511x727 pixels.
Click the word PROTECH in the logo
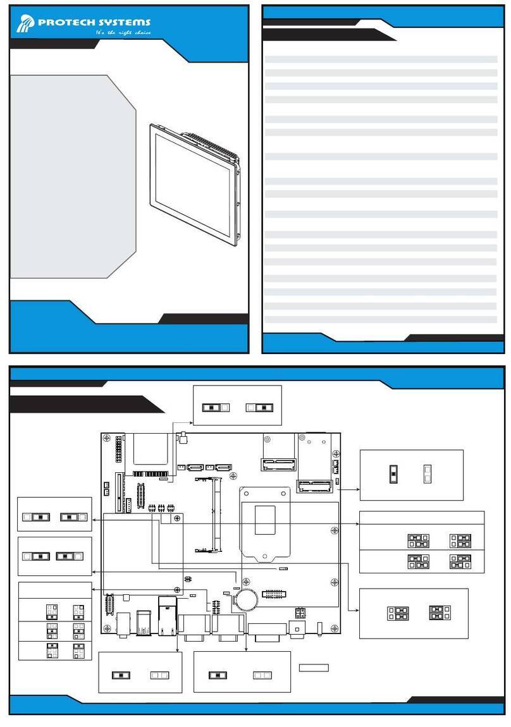coord(65,21)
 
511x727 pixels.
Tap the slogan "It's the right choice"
coord(123,32)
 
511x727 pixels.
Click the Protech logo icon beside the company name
coord(25,23)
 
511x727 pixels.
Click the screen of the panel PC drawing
coord(192,185)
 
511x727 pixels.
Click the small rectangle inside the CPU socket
coord(265,520)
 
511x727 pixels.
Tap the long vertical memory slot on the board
coord(214,514)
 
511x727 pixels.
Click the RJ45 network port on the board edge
coord(168,616)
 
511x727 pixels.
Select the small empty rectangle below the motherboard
coord(314,668)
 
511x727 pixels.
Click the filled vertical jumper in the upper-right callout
coord(393,474)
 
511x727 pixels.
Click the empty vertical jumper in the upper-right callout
coord(428,474)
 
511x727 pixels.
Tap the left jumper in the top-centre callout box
coord(216,408)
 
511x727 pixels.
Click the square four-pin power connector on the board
coord(300,613)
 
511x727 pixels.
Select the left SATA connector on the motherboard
coord(195,467)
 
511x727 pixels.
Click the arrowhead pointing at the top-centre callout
coord(191,422)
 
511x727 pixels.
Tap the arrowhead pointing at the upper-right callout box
coord(357,489)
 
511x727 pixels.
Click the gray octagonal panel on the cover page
coord(73,176)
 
